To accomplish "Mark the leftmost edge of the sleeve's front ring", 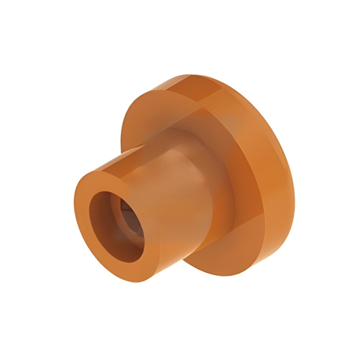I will (75, 211).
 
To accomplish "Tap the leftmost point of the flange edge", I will (120, 141).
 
